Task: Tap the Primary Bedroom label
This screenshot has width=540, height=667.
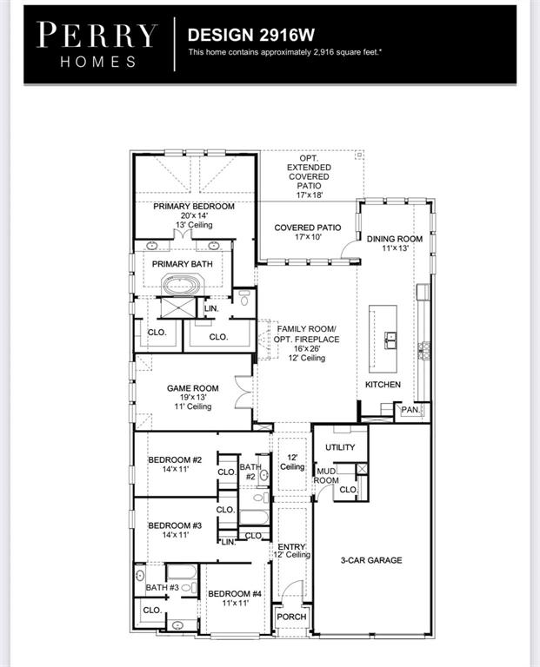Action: tap(194, 206)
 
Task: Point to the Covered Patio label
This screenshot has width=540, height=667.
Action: tap(307, 228)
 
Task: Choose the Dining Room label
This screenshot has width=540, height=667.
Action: tap(394, 239)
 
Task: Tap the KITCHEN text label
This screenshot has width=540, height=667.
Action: tap(383, 384)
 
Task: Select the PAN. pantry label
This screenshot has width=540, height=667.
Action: tap(410, 409)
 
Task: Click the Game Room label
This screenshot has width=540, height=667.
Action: tap(193, 388)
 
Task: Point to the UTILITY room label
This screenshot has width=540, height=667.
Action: tap(340, 447)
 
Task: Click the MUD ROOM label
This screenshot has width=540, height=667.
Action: tap(326, 475)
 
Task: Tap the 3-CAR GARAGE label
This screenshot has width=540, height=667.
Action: tap(371, 560)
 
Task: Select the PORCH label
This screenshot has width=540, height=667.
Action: tap(291, 617)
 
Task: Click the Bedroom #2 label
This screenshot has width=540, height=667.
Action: tap(174, 459)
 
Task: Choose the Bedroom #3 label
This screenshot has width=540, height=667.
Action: tap(174, 525)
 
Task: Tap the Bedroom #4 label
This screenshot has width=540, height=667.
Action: tap(234, 594)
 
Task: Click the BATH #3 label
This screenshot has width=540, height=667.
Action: tap(162, 588)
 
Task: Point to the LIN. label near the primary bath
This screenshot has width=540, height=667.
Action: tap(211, 308)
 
